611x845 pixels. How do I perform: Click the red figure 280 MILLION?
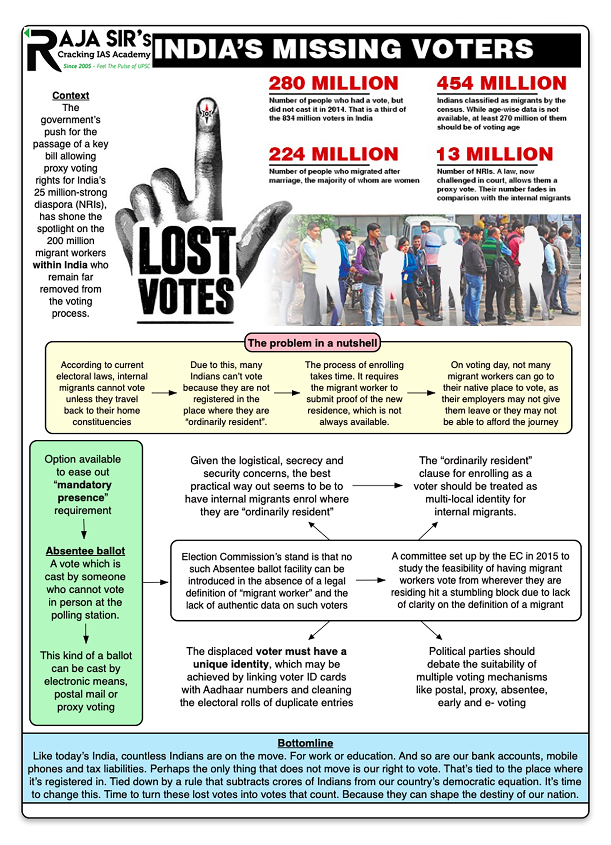coord(333,84)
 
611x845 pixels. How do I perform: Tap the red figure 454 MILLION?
coord(501,84)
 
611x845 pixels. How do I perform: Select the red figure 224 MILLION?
coord(333,154)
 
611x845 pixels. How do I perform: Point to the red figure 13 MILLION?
coord(494,154)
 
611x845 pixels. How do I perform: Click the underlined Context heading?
coord(71,95)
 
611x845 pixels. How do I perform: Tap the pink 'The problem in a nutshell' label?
coord(312,343)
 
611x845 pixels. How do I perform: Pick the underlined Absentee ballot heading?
coord(85,551)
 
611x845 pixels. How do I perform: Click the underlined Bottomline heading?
coord(305,743)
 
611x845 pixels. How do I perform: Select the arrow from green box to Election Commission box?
coord(155,582)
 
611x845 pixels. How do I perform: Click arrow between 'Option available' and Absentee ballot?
coord(84,529)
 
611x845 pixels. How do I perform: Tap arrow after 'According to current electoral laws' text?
coord(164,393)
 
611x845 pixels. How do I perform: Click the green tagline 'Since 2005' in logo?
coord(77,66)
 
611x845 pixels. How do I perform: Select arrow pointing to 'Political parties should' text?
coord(431,630)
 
